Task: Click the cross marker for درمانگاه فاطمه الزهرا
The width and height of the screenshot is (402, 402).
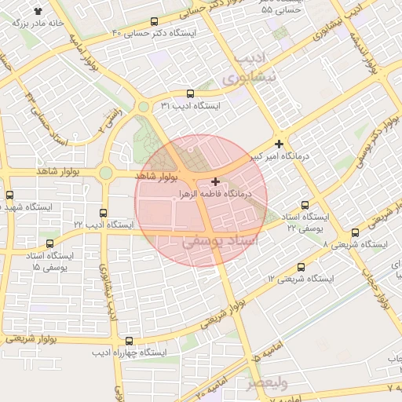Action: tap(215, 181)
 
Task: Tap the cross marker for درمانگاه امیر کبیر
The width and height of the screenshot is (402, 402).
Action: tap(279, 144)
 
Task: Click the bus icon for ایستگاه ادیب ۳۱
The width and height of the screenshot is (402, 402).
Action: tap(190, 93)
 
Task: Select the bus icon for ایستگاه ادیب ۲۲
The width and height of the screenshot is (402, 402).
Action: tap(103, 213)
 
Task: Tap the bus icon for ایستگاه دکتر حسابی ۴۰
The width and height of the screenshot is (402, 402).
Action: tap(153, 22)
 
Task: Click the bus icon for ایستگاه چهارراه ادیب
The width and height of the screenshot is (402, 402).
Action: tap(129, 341)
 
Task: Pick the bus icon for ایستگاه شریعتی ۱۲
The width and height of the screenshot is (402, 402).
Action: tap(302, 268)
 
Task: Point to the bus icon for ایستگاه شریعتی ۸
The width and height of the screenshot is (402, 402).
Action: tap(355, 232)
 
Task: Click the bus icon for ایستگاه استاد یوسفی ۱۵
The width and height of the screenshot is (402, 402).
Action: tap(50, 244)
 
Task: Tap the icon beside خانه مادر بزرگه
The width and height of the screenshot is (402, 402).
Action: tap(38, 11)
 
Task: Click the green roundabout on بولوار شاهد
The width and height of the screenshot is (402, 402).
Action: tap(105, 173)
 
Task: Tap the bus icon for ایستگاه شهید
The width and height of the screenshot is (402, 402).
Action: tap(9, 195)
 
